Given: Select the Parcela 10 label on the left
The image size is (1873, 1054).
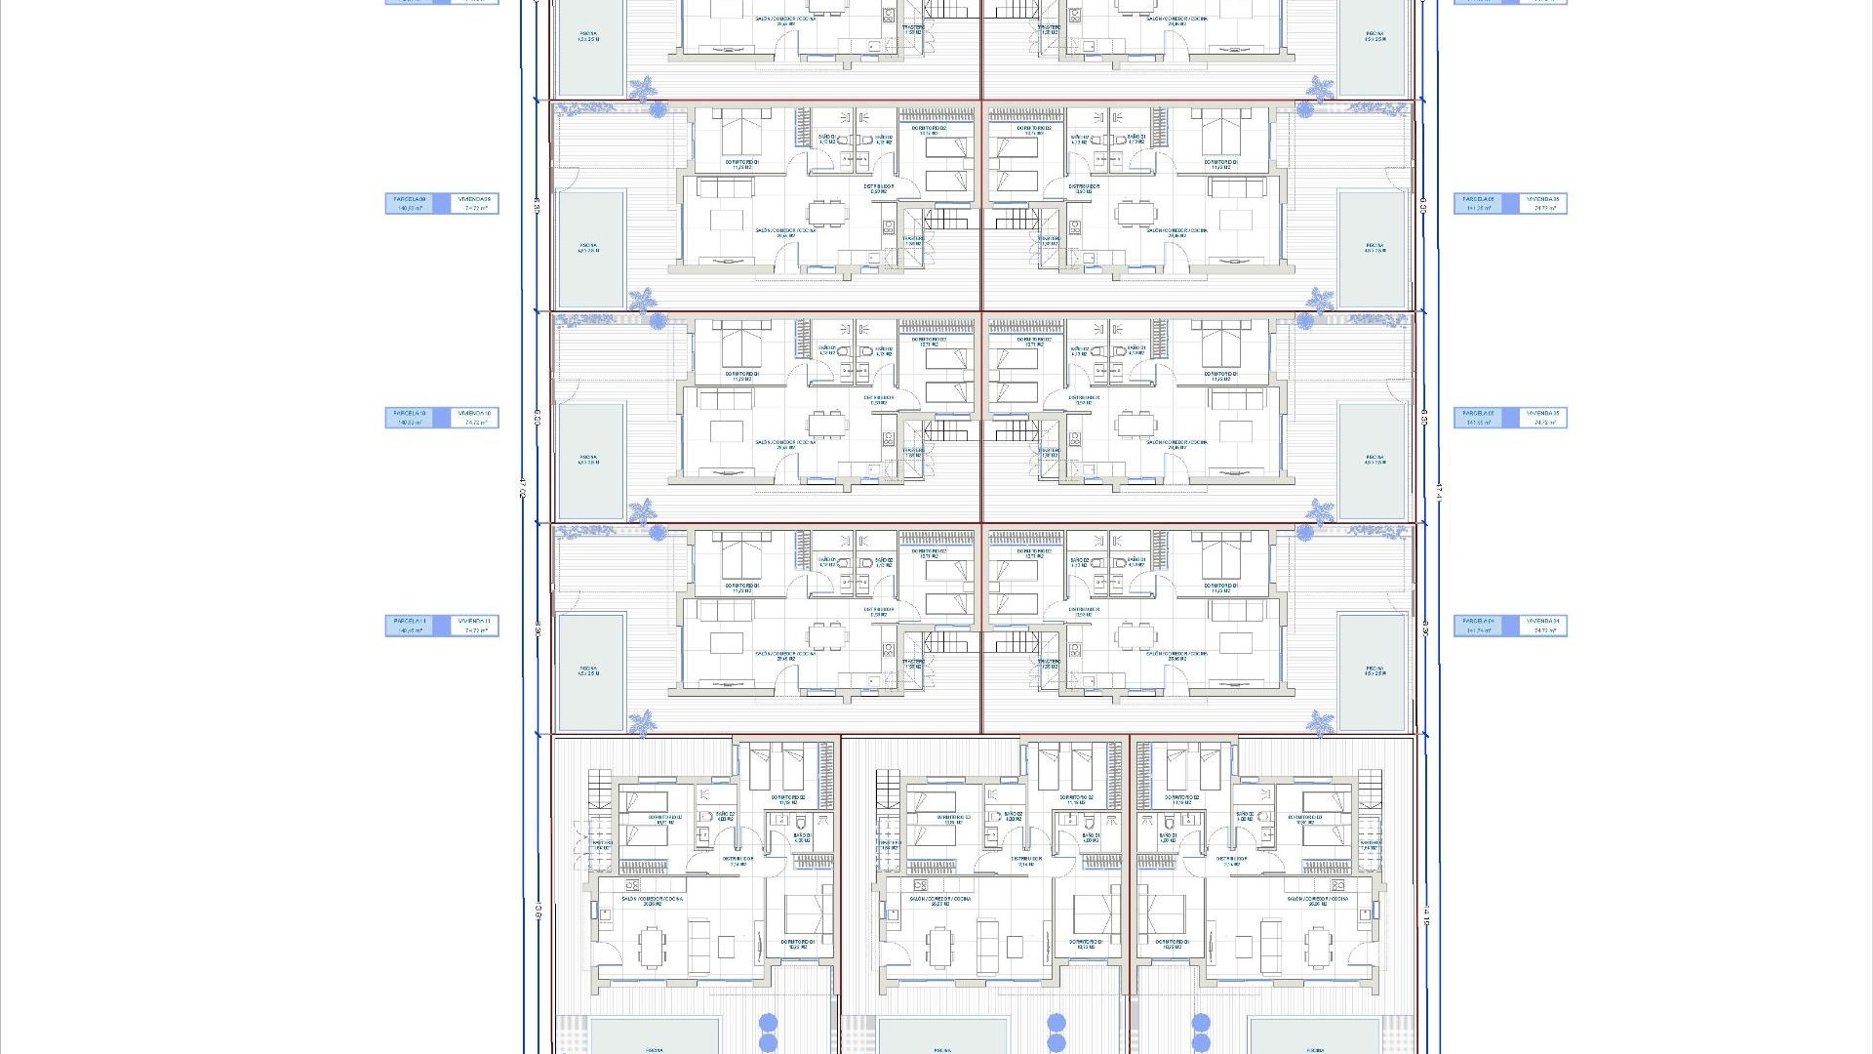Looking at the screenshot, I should [x=409, y=418].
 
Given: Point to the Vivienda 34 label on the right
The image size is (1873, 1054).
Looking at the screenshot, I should [x=1543, y=626].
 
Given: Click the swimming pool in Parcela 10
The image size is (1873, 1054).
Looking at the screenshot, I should [x=589, y=461].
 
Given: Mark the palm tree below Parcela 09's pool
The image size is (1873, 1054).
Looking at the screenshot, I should [x=642, y=299].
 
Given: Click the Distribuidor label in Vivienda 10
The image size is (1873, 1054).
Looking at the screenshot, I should [x=879, y=398].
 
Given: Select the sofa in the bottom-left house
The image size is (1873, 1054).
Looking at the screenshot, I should [x=700, y=943].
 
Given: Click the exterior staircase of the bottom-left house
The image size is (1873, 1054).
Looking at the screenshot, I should [x=598, y=788].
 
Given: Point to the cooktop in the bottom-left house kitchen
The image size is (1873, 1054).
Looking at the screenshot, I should [x=632, y=885].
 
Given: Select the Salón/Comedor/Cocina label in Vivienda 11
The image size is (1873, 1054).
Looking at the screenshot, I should [x=785, y=655].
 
